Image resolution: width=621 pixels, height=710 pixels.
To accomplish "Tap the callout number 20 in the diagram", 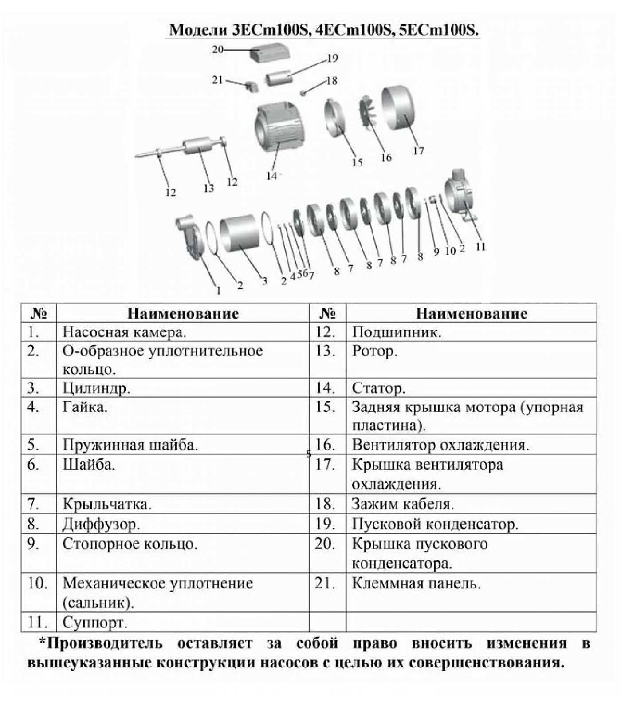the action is pyautogui.click(x=217, y=49).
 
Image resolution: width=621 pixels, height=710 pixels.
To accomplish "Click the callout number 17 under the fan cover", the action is pyautogui.click(x=418, y=151).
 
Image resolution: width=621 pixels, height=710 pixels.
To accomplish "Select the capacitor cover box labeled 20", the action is pyautogui.click(x=270, y=52).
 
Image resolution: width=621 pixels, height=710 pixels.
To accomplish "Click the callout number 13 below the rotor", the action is pyautogui.click(x=208, y=188).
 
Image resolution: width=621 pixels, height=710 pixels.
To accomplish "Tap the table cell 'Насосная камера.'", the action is pyautogui.click(x=124, y=332).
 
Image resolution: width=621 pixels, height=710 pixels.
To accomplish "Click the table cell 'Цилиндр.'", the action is pyautogui.click(x=96, y=388).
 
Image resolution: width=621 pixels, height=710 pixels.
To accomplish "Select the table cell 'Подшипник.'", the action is pyautogui.click(x=397, y=332).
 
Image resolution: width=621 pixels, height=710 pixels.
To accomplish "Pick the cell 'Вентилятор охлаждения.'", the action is pyautogui.click(x=440, y=445).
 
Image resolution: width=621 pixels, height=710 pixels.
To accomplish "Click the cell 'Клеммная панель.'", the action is pyautogui.click(x=417, y=583).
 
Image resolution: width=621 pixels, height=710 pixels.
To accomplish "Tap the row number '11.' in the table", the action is pyautogui.click(x=38, y=623).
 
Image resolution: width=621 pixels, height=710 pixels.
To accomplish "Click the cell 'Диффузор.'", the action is pyautogui.click(x=101, y=524).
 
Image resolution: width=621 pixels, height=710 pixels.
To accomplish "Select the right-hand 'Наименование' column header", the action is pyautogui.click(x=472, y=313).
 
